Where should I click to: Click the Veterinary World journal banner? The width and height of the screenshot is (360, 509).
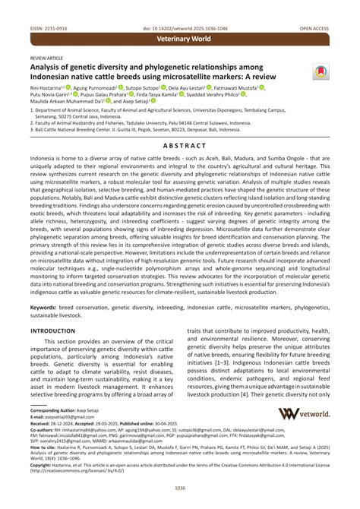click(180, 36)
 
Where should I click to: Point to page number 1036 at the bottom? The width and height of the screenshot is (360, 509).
click(180, 488)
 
